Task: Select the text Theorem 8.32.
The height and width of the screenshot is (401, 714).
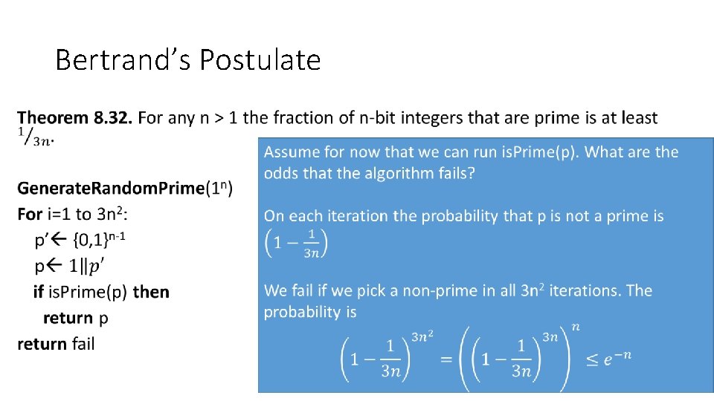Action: click(x=75, y=118)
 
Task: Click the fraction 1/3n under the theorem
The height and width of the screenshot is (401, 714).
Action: click(x=36, y=137)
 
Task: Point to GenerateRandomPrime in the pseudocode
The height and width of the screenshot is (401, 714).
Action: click(x=111, y=189)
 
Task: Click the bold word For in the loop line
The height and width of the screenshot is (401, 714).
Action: click(x=30, y=215)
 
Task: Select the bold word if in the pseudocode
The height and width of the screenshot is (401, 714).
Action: click(x=38, y=293)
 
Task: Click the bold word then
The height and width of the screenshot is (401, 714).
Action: click(x=151, y=293)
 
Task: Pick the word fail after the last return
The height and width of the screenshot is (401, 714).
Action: click(x=83, y=344)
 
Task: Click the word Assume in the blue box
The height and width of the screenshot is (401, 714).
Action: click(x=291, y=152)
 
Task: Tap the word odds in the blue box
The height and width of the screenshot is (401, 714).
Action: click(x=280, y=173)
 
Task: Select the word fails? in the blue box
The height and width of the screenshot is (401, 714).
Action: click(x=455, y=173)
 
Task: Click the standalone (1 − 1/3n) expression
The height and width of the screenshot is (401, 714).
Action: click(x=297, y=243)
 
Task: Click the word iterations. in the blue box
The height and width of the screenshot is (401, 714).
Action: click(x=584, y=290)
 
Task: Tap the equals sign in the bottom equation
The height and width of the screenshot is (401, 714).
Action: click(x=447, y=359)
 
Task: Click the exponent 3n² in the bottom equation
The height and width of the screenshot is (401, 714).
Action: click(x=423, y=337)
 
